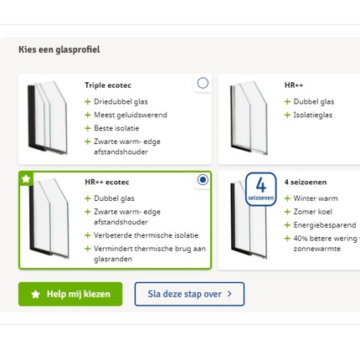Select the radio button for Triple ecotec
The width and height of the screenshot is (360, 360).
[x=203, y=83]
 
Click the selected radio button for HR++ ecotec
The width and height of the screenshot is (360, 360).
[x=203, y=180]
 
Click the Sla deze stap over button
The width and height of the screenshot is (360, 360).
[x=189, y=294]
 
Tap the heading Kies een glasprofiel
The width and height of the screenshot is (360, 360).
[x=59, y=49]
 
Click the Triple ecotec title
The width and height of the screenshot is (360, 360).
[x=108, y=85]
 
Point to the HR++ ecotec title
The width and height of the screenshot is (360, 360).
[x=107, y=183]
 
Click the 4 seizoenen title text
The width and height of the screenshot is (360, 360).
[x=306, y=183]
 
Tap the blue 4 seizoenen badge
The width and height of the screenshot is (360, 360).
[x=261, y=189]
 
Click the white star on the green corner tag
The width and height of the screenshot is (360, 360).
[x=26, y=178]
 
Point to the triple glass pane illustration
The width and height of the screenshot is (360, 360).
[x=48, y=117]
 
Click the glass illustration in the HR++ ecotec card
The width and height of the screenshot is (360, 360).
[x=49, y=219]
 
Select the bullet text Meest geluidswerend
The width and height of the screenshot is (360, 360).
[x=131, y=115]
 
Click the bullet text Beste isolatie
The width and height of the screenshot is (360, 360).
[x=116, y=128]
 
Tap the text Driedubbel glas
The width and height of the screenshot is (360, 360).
[x=121, y=101]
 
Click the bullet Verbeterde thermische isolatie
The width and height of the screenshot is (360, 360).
[x=146, y=235]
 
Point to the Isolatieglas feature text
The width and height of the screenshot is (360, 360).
[x=313, y=115]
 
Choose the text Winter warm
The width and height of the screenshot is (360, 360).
[x=316, y=198]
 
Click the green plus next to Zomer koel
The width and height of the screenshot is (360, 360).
[x=287, y=212]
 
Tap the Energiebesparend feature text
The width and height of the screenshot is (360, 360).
[x=325, y=225]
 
